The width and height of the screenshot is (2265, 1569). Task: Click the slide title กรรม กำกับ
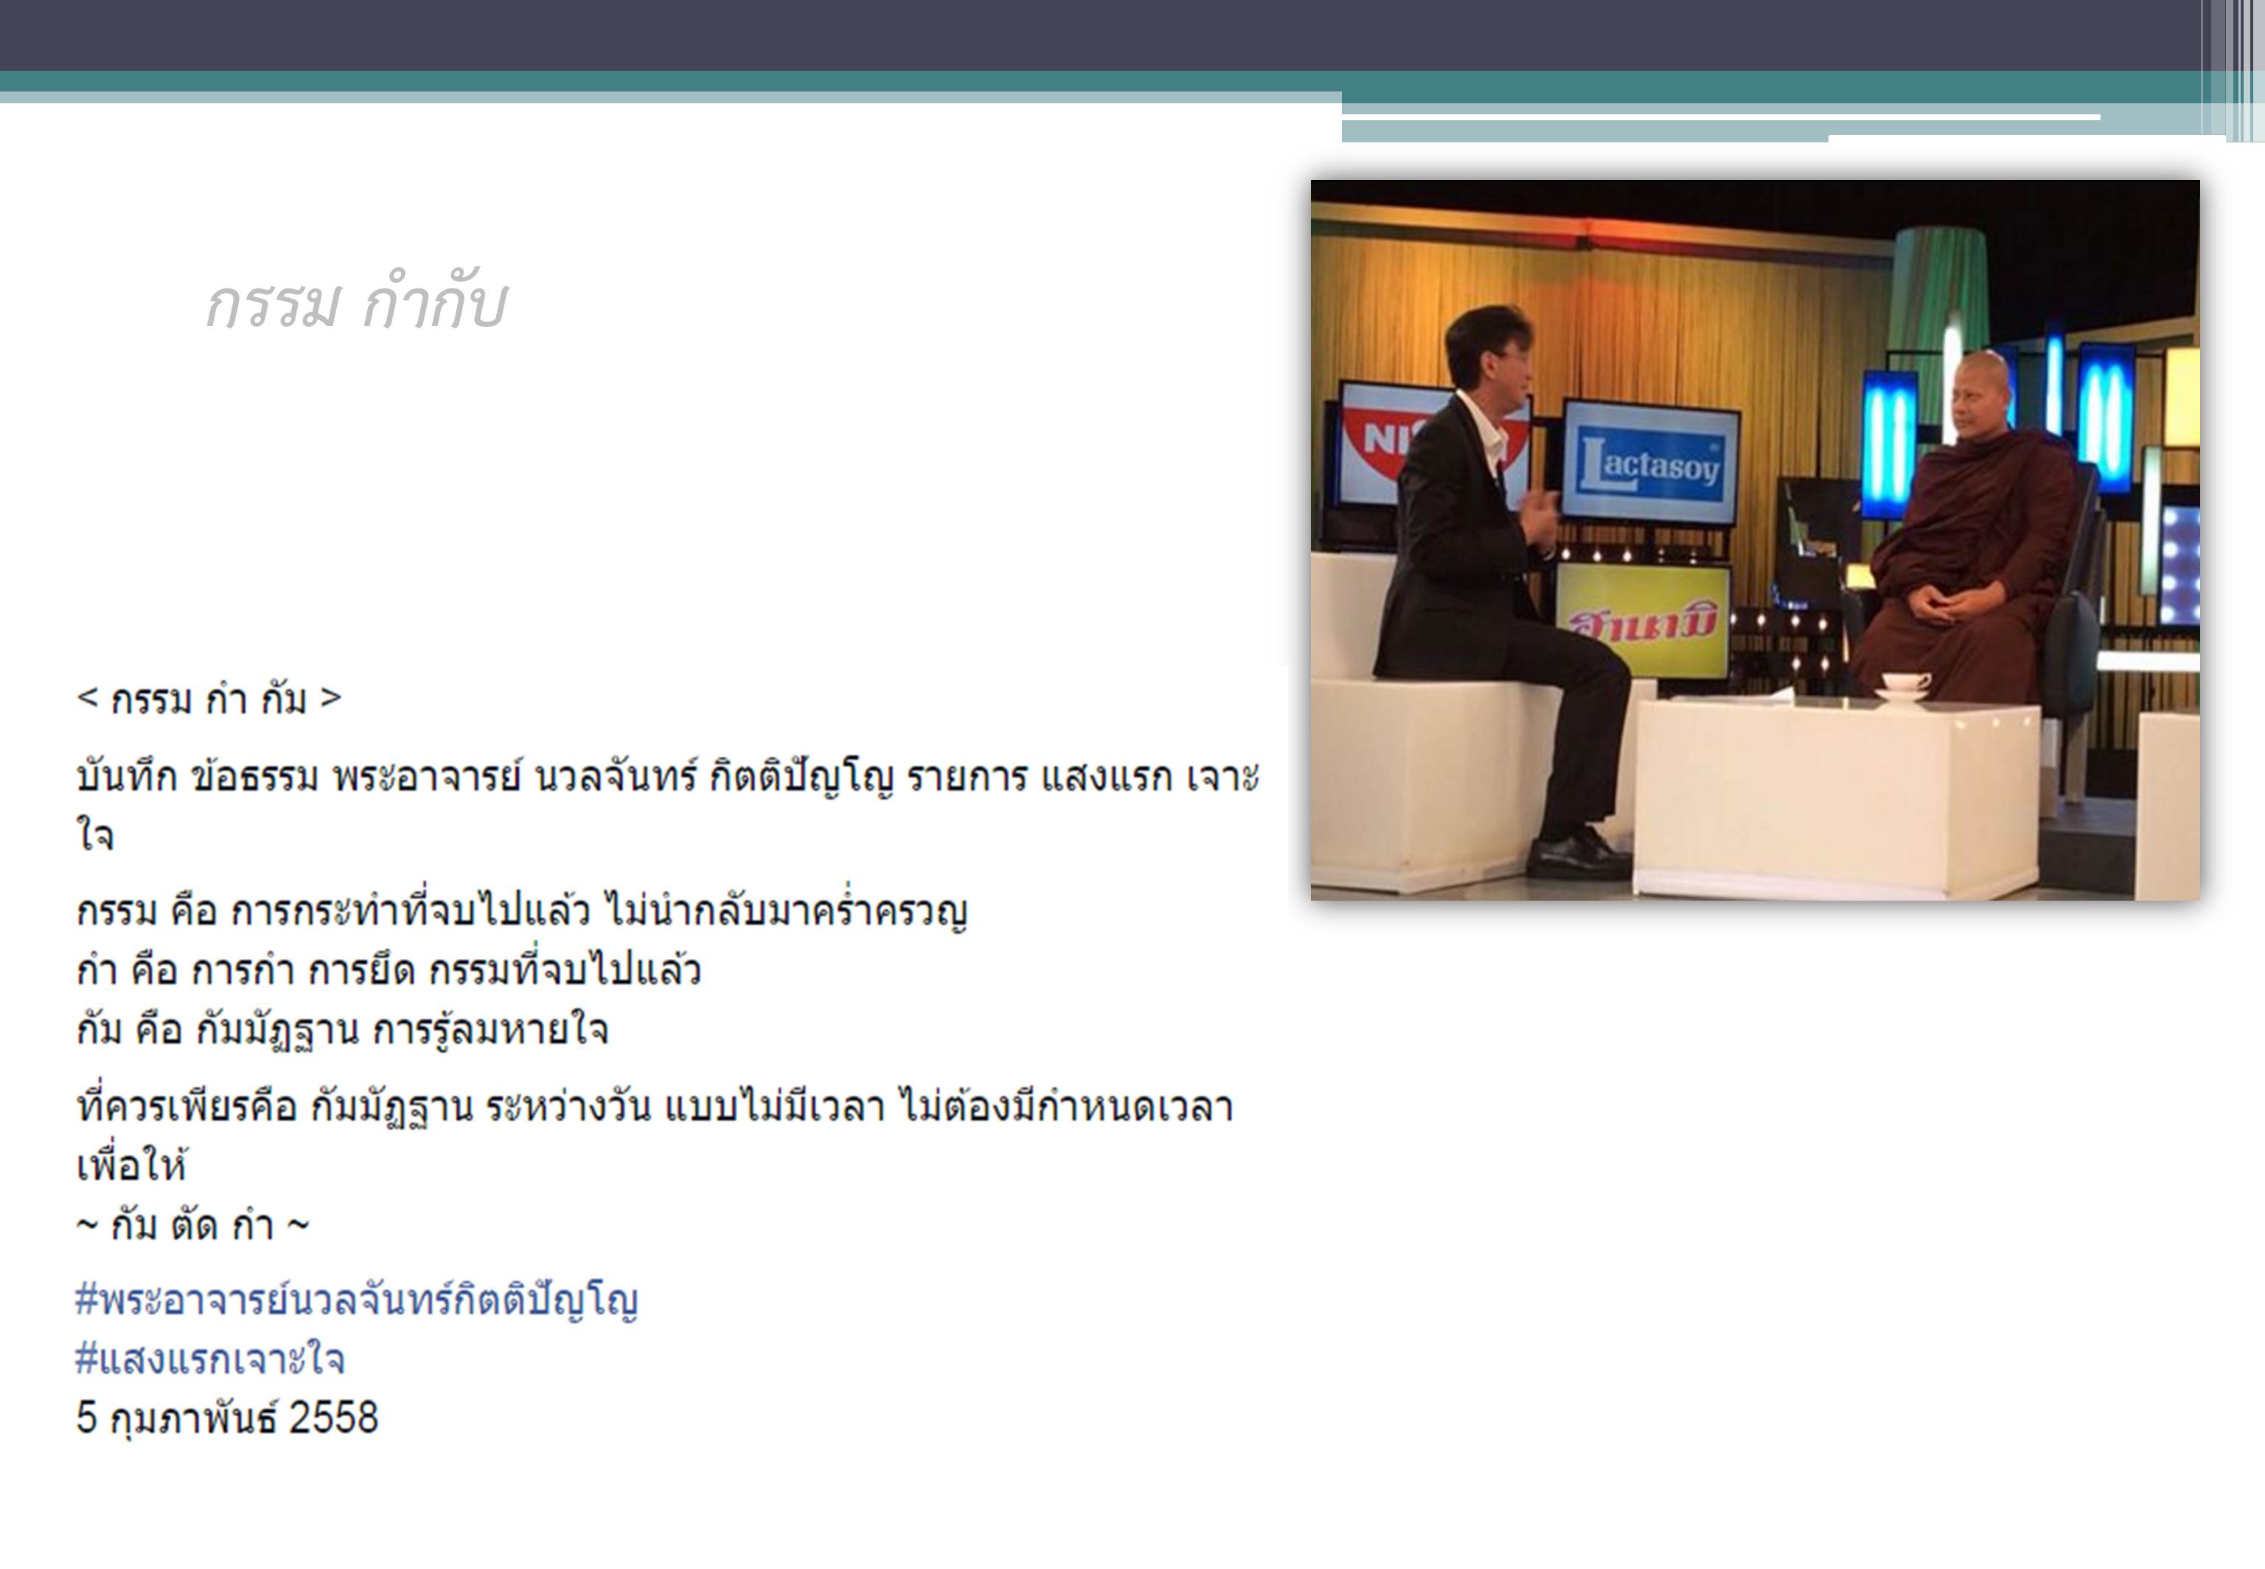355,304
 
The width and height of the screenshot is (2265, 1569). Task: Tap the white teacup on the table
1905,686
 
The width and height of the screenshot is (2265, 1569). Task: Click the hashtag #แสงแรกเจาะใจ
210,1360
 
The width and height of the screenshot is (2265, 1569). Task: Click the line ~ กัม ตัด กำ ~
192,1225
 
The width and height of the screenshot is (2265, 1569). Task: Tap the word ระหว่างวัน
568,1107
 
